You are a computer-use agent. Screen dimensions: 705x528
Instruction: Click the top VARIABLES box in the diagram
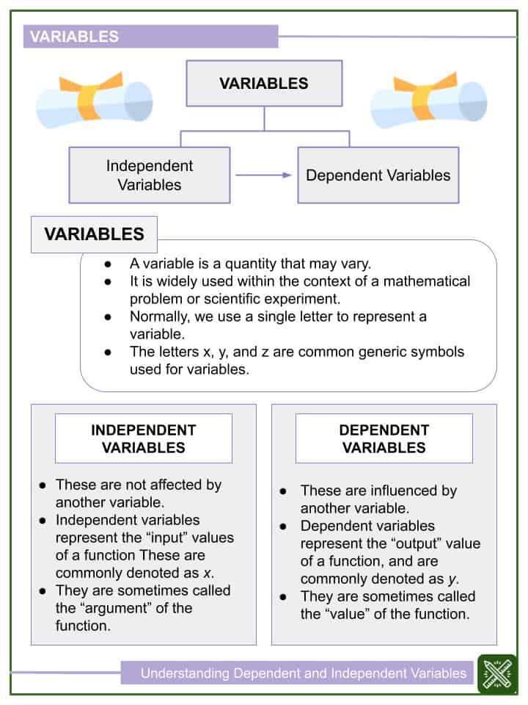point(264,83)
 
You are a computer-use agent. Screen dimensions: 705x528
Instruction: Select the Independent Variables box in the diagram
point(150,175)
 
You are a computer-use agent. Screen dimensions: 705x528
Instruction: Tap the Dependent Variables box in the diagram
point(378,175)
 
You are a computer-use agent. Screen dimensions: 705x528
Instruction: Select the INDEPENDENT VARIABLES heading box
point(144,438)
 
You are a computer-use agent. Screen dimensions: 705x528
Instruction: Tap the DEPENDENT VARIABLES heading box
point(384,438)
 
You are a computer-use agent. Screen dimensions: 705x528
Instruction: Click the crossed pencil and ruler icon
point(497,673)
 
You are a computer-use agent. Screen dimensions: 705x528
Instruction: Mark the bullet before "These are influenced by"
point(282,491)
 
